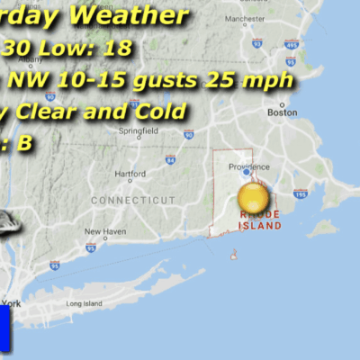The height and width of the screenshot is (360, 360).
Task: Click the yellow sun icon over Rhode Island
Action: (x=253, y=199)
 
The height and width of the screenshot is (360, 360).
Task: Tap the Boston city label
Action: (x=281, y=112)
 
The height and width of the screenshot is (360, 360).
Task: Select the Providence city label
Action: (x=247, y=167)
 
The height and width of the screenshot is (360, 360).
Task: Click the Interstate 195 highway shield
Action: (x=299, y=193)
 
